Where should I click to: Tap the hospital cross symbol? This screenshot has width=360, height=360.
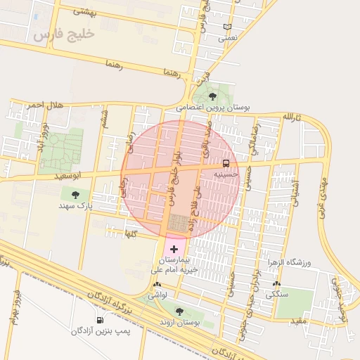pyautogui.click(x=174, y=249)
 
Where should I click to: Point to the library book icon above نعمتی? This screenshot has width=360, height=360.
pyautogui.click(x=226, y=27)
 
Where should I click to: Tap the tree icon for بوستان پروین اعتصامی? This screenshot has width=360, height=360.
pyautogui.click(x=213, y=96)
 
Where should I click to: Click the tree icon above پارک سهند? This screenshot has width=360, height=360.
pyautogui.click(x=75, y=194)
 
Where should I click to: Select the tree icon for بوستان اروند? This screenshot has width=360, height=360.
pyautogui.click(x=179, y=311)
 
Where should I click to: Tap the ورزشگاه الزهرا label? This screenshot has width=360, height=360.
pyautogui.click(x=288, y=262)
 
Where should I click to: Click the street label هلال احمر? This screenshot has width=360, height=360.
pyautogui.click(x=46, y=105)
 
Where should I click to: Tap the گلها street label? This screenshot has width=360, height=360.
pyautogui.click(x=130, y=232)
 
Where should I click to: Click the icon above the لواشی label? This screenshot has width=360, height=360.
pyautogui.click(x=156, y=285)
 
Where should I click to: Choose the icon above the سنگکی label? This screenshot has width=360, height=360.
pyautogui.click(x=276, y=285)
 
